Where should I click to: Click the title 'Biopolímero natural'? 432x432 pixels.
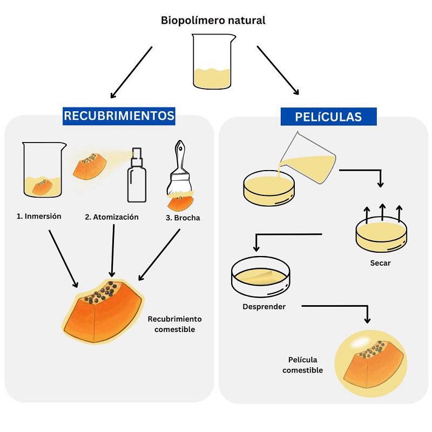(213, 21)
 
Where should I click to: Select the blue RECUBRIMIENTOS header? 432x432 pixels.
(119, 116)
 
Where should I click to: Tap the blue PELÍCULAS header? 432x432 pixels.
(328, 117)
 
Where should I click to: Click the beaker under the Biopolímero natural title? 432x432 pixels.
(213, 62)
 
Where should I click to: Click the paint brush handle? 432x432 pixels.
(179, 157)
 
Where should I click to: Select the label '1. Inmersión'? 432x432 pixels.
(39, 216)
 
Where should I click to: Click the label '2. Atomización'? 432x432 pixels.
(112, 217)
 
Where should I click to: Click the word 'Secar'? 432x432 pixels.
(381, 264)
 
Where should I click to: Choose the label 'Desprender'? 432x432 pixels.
(264, 307)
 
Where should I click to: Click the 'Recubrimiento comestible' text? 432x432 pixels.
(175, 324)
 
